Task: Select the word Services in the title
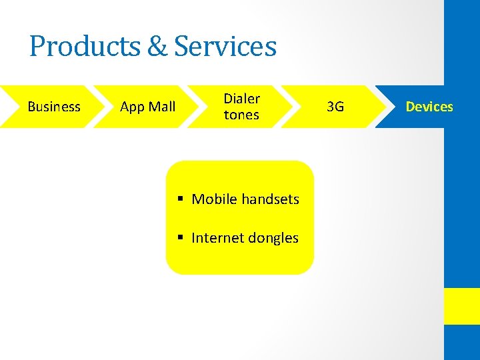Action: pyautogui.click(x=225, y=47)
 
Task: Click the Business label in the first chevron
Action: pyautogui.click(x=54, y=107)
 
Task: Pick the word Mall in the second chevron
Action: pyautogui.click(x=162, y=107)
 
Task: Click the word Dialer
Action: pyautogui.click(x=241, y=99)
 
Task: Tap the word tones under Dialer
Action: pyautogui.click(x=241, y=115)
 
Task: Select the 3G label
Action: pyautogui.click(x=336, y=107)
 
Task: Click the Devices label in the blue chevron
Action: pyautogui.click(x=429, y=107)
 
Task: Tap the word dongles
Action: pyautogui.click(x=273, y=238)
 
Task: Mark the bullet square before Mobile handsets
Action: pyautogui.click(x=181, y=199)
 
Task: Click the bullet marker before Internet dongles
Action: pyautogui.click(x=181, y=238)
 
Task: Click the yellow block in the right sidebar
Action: pyautogui.click(x=462, y=306)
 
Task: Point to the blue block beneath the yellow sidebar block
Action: pyautogui.click(x=462, y=343)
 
